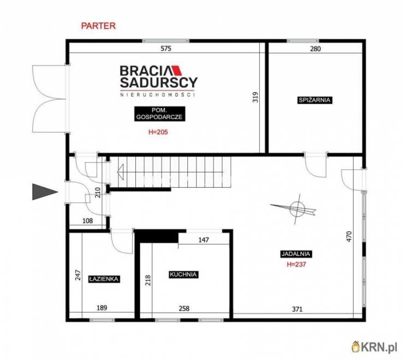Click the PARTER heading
coord(98,26)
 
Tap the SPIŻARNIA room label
coord(314,100)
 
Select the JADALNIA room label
coord(296,254)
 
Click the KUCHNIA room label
coord(183,274)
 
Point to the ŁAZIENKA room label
coord(104,279)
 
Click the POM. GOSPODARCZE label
coord(159,113)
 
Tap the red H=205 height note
coord(158,132)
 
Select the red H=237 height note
coord(296,264)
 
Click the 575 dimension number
coord(165,49)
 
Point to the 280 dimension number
coord(316,49)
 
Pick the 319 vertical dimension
coord(256,97)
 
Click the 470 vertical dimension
coord(349,236)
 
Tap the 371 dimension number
coord(297,309)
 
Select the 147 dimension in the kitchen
coord(204,240)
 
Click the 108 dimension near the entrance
coord(87,221)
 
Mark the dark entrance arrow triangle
coord(44,191)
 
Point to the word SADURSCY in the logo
coord(159,82)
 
